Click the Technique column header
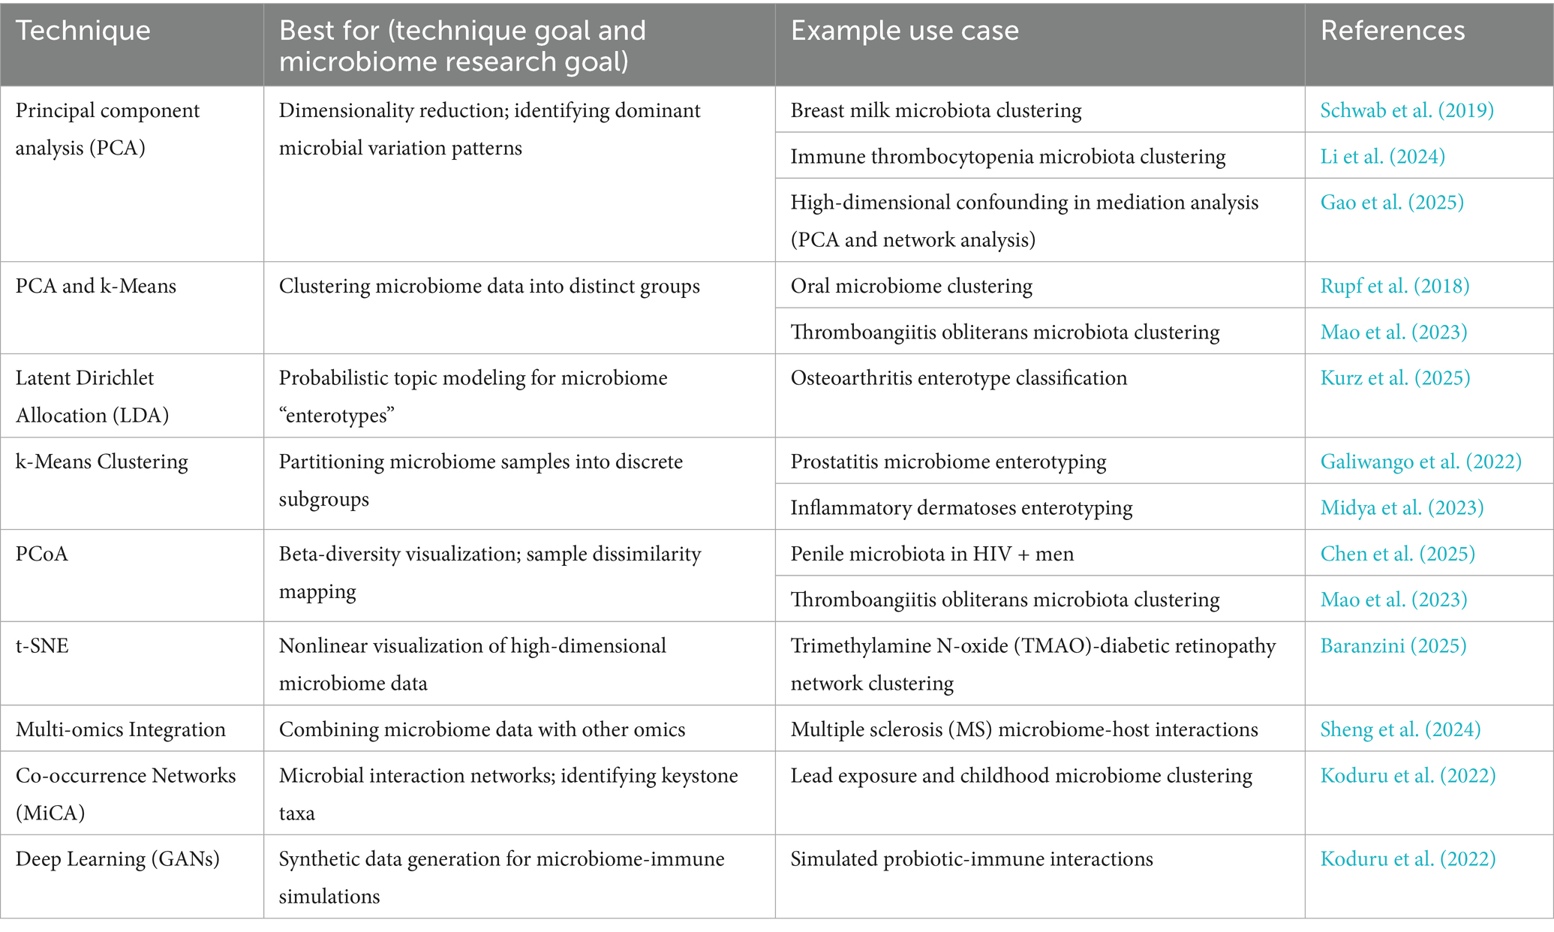83,31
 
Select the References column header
1392,31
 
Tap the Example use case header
904,31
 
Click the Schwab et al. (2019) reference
1406,110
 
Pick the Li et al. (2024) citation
1382,156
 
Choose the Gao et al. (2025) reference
1391,202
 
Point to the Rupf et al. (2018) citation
1394,286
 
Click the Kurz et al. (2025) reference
1394,377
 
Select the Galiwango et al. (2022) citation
1420,461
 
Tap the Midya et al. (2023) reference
1402,508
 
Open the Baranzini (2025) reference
1393,646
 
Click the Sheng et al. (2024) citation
1400,729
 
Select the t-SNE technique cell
42,646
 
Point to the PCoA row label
42,554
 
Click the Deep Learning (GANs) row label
118,858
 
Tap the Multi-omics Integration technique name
121,729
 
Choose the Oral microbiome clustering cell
911,286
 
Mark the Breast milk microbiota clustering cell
936,110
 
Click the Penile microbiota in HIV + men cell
932,554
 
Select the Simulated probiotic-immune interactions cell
971,858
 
